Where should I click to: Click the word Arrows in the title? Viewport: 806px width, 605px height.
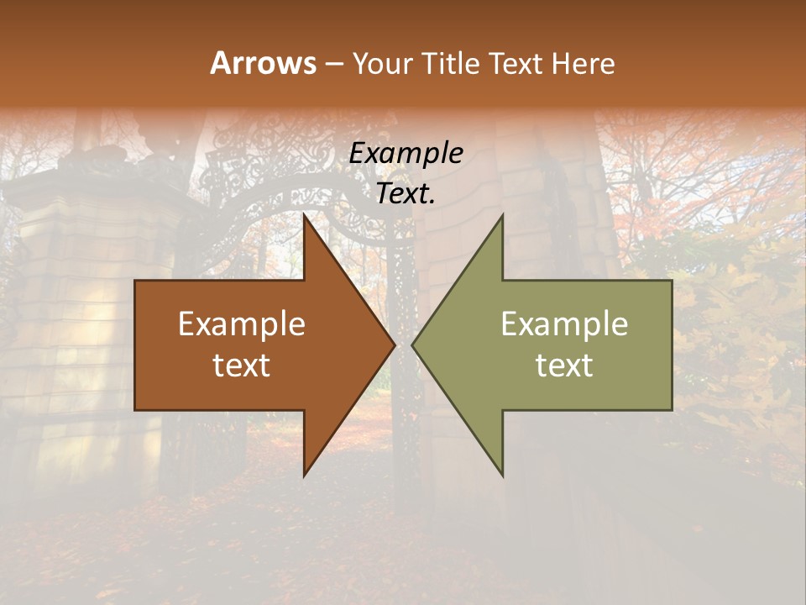click(x=263, y=63)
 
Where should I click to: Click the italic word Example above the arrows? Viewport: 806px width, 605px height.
click(x=406, y=154)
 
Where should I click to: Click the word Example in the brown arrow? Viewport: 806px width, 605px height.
click(x=242, y=324)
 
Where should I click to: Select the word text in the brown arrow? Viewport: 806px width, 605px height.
click(x=242, y=366)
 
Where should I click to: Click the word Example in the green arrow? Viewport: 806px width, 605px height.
click(x=564, y=324)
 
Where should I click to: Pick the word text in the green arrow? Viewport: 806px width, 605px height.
click(x=564, y=366)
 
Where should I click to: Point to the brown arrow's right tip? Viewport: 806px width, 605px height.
click(x=394, y=345)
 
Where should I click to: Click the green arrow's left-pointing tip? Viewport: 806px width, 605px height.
click(x=413, y=345)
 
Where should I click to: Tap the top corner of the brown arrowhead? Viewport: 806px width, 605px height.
click(x=305, y=216)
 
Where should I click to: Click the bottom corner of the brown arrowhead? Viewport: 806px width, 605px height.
click(x=305, y=475)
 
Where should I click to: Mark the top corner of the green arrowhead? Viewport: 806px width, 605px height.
click(x=502, y=216)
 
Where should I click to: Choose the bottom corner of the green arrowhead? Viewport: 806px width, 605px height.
click(x=502, y=475)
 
